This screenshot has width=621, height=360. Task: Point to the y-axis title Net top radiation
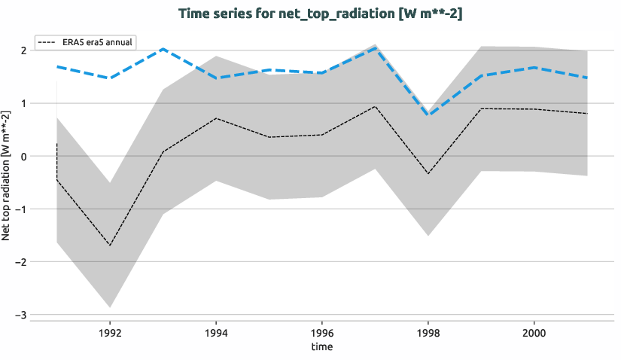point(7,175)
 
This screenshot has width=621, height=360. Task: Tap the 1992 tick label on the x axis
point(110,331)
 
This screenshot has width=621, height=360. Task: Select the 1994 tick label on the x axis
point(216,331)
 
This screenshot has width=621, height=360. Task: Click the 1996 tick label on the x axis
point(322,331)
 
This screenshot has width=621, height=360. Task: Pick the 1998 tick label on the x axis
point(428,331)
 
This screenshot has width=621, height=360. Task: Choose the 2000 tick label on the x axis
point(534,331)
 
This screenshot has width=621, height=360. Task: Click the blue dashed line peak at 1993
point(163,49)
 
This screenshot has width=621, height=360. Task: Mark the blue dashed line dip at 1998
point(428,114)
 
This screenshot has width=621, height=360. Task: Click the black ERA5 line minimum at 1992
point(110,246)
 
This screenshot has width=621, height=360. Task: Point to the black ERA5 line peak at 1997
point(375,106)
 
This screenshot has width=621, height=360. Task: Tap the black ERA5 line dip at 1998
point(428,174)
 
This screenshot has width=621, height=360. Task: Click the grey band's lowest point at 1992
point(110,307)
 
